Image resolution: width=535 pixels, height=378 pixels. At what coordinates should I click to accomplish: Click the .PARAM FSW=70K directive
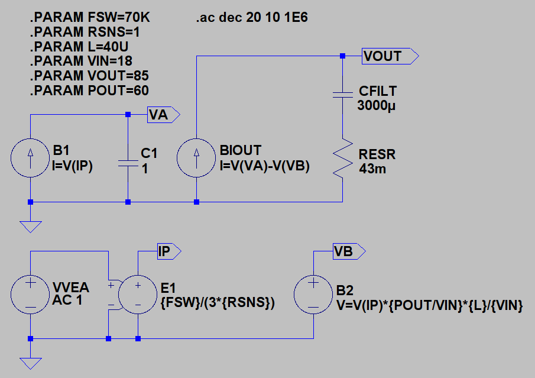90,18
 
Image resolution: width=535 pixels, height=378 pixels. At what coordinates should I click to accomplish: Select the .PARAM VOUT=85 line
90,76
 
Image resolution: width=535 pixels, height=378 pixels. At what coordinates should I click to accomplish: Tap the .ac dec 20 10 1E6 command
251,18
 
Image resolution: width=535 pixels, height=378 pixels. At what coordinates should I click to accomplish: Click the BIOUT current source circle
196,158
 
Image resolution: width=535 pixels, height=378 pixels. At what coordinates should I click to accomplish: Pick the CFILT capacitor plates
342,95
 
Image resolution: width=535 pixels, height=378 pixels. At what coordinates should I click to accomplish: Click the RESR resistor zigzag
342,159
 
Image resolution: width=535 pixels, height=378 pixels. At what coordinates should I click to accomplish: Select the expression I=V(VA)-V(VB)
264,167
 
